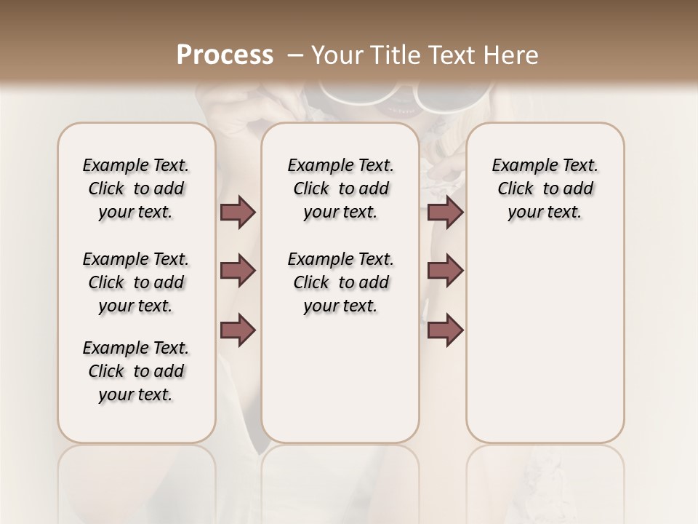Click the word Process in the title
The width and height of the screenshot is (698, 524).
click(x=225, y=55)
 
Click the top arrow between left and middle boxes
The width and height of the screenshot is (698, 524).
click(x=238, y=213)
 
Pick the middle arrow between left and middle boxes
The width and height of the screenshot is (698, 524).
click(x=238, y=271)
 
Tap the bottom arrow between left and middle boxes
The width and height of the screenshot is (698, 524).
click(x=238, y=330)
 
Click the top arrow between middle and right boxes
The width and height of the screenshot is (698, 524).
click(x=445, y=213)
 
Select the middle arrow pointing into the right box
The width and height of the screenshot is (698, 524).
click(x=445, y=271)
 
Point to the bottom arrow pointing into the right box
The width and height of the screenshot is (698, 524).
click(x=445, y=330)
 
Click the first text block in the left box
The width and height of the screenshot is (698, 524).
click(x=136, y=188)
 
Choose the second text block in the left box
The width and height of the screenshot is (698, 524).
click(x=136, y=282)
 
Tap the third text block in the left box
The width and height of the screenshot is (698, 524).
click(x=136, y=371)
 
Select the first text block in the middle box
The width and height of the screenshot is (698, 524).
click(x=340, y=188)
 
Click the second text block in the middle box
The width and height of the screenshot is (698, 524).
click(x=340, y=282)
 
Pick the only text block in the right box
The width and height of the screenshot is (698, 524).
click(x=545, y=188)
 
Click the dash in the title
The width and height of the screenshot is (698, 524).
click(x=295, y=55)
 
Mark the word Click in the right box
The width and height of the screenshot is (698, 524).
click(x=516, y=189)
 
